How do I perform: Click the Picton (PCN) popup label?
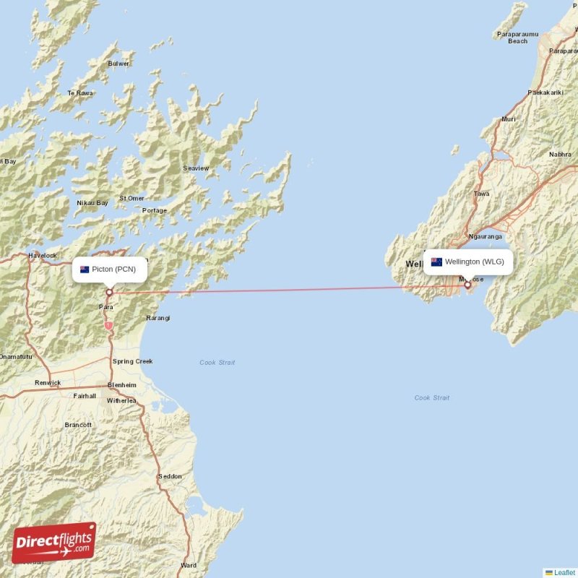tap(109, 269)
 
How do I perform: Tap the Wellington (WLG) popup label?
tap(468, 262)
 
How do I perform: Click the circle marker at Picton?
tap(109, 293)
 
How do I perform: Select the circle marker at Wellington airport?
tap(467, 285)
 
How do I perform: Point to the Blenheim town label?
tap(121, 384)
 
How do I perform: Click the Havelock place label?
tap(42, 256)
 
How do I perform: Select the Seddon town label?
tap(170, 477)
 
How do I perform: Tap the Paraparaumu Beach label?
tap(517, 38)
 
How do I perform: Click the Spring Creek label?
tap(132, 361)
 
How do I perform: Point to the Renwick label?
tap(48, 383)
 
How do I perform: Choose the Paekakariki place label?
tap(545, 92)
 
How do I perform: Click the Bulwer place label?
tap(118, 64)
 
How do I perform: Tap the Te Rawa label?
tap(80, 93)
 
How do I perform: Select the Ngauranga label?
tap(484, 236)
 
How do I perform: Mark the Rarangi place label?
tap(158, 318)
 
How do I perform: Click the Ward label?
tap(189, 566)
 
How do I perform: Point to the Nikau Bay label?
tap(92, 203)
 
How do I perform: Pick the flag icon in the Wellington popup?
tap(436, 262)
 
